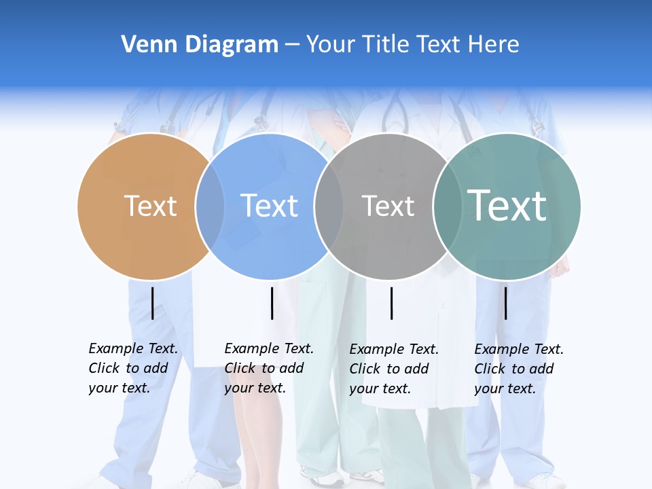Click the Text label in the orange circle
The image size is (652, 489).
coord(151,206)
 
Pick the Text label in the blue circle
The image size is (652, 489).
coord(270,206)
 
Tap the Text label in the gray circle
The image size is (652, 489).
coord(388,206)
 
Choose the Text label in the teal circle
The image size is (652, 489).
coord(507,205)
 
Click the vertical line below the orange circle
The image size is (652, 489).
coord(152,303)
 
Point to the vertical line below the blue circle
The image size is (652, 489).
coord(272,303)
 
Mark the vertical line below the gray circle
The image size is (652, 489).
coord(391,303)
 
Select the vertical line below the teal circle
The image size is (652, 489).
coord(505,303)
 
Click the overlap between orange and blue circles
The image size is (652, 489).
coord(210,206)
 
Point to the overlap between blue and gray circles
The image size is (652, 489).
coord(329,206)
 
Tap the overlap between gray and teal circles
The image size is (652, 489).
coord(448,206)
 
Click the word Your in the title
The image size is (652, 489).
coord(329,44)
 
